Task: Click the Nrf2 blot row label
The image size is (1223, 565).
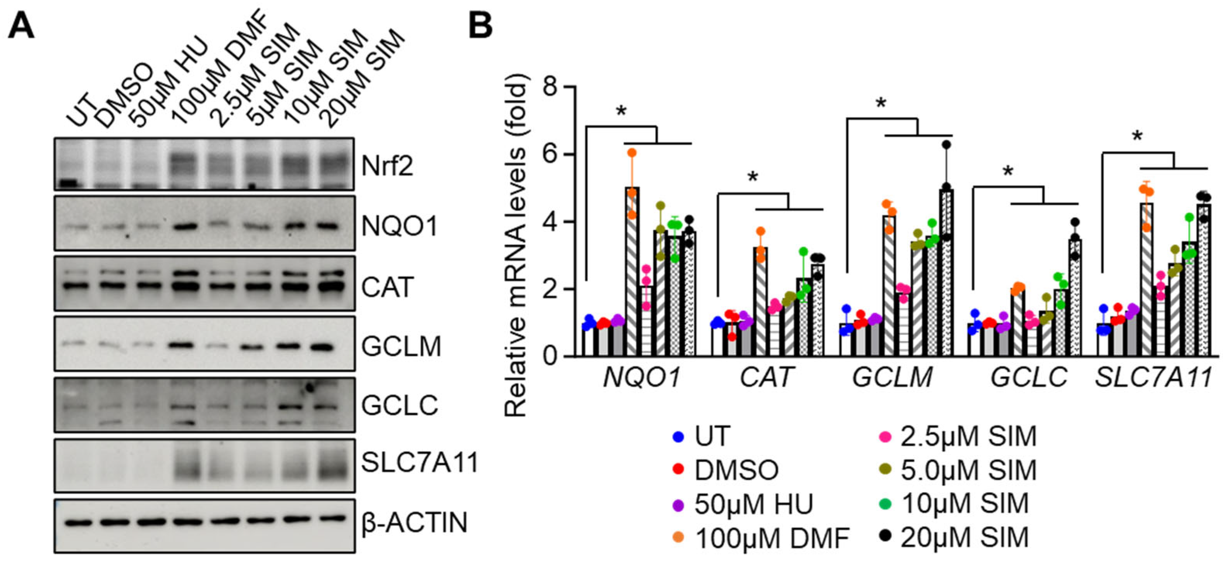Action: pyautogui.click(x=387, y=166)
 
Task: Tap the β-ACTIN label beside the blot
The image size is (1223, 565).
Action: pyautogui.click(x=414, y=523)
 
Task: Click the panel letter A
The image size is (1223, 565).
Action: pyautogui.click(x=21, y=26)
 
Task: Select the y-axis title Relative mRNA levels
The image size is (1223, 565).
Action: pyautogui.click(x=516, y=244)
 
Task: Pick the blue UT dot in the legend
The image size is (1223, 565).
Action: pyautogui.click(x=678, y=436)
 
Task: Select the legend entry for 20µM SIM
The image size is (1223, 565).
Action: pyautogui.click(x=964, y=538)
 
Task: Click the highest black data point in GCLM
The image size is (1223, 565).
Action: pyautogui.click(x=947, y=144)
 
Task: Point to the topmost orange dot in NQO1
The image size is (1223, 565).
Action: pyautogui.click(x=632, y=153)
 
